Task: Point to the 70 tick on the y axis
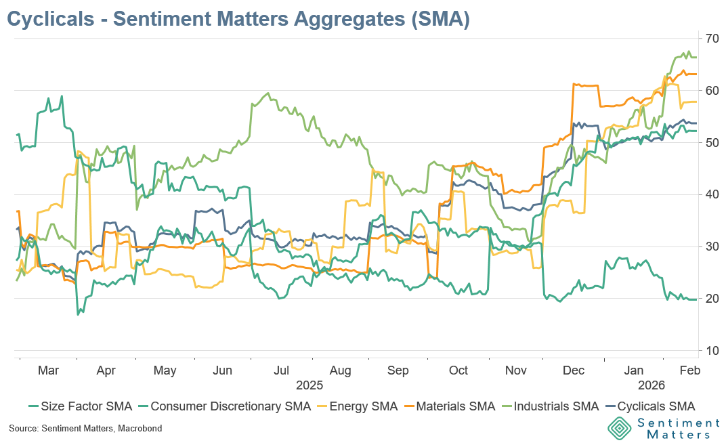pyautogui.click(x=711, y=38)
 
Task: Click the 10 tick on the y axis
pyautogui.click(x=711, y=351)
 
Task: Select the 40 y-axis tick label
pyautogui.click(x=711, y=194)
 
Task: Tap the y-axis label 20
pyautogui.click(x=711, y=299)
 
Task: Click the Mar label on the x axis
pyautogui.click(x=49, y=370)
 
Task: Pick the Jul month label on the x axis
pyautogui.click(x=282, y=370)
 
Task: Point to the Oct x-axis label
pyautogui.click(x=458, y=370)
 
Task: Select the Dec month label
pyautogui.click(x=574, y=370)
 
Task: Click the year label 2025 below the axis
pyautogui.click(x=309, y=385)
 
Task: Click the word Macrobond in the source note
pyautogui.click(x=138, y=429)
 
